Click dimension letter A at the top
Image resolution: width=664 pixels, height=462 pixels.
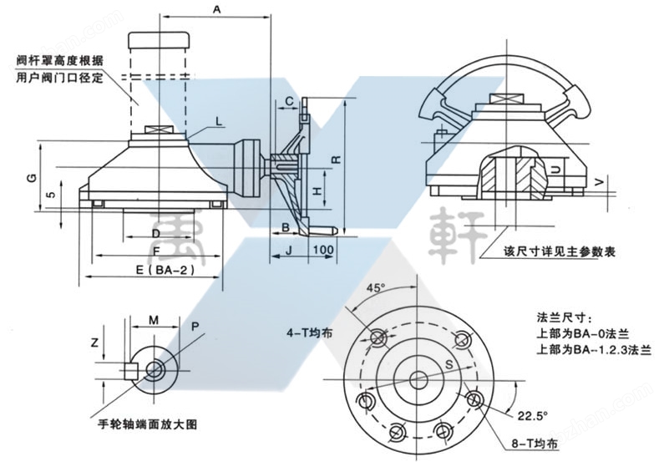click(x=216, y=10)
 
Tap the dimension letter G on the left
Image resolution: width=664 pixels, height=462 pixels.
click(x=30, y=179)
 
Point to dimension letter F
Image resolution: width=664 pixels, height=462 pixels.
click(x=156, y=250)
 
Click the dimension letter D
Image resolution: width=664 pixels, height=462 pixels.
click(x=155, y=231)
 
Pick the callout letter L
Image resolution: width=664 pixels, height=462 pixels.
click(x=218, y=122)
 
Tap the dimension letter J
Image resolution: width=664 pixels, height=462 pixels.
click(x=289, y=250)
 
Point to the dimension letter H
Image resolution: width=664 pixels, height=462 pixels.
click(x=316, y=191)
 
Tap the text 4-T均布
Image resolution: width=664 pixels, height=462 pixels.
click(x=310, y=332)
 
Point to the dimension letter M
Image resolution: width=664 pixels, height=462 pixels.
click(x=153, y=320)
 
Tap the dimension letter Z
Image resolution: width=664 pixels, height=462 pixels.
click(x=95, y=343)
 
